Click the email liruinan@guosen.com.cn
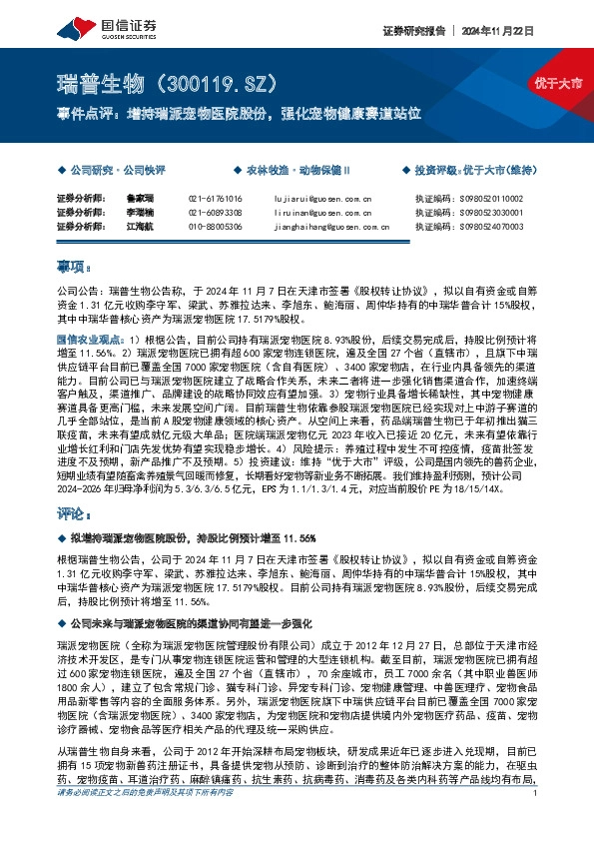tap(322, 214)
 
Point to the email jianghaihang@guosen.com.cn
tap(328, 228)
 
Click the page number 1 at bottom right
tap(536, 821)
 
